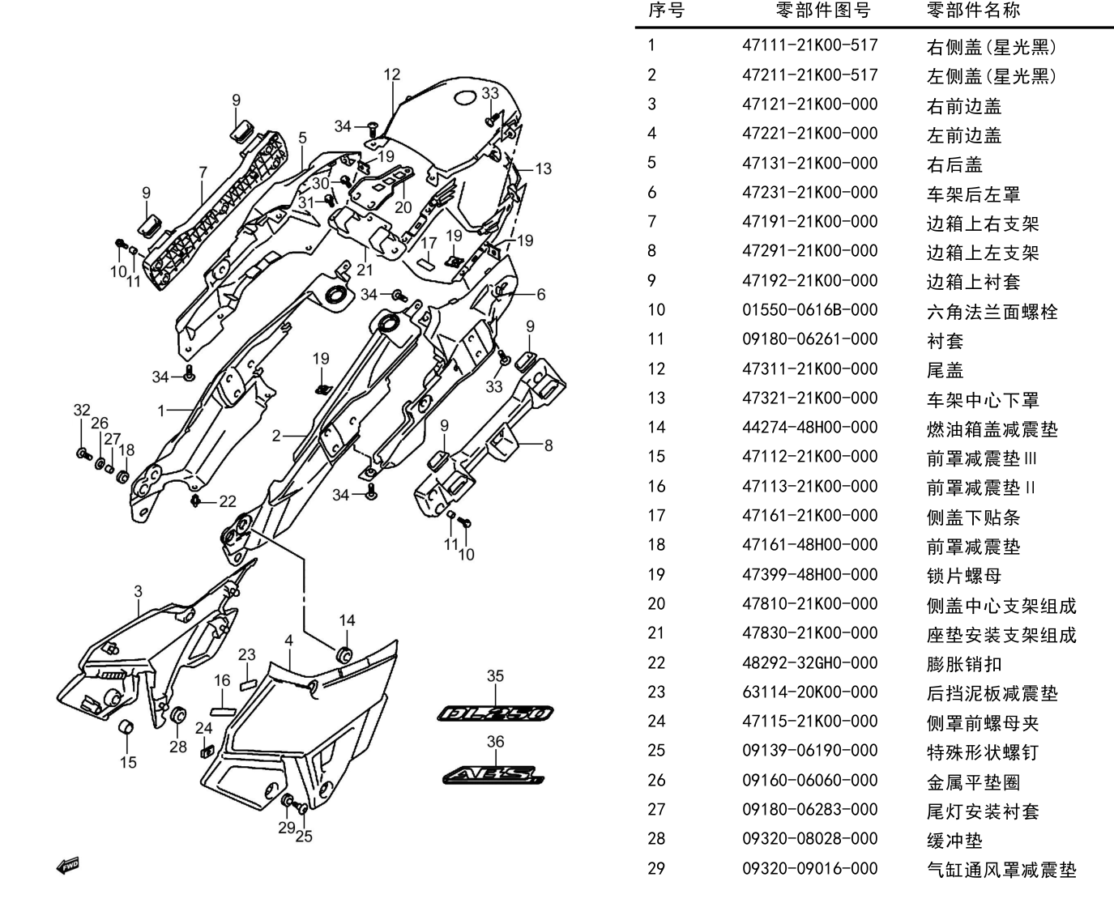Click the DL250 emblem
coord(495,713)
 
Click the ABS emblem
coord(493,775)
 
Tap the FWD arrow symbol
coord(68,867)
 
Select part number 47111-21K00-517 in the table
coord(809,45)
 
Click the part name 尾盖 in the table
coord(945,370)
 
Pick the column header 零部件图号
coord(823,10)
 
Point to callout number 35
coord(495,676)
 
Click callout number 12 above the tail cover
coord(392,75)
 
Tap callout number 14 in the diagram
coord(348,620)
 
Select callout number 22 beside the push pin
coord(228,502)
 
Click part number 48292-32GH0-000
coord(809,663)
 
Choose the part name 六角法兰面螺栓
coord(992,312)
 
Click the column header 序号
coord(666,10)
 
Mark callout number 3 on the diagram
coord(138,591)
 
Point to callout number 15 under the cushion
coord(128,762)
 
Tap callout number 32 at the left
coord(82,410)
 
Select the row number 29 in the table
coord(656,868)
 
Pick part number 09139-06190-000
coord(809,751)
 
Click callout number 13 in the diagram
coord(544,169)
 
